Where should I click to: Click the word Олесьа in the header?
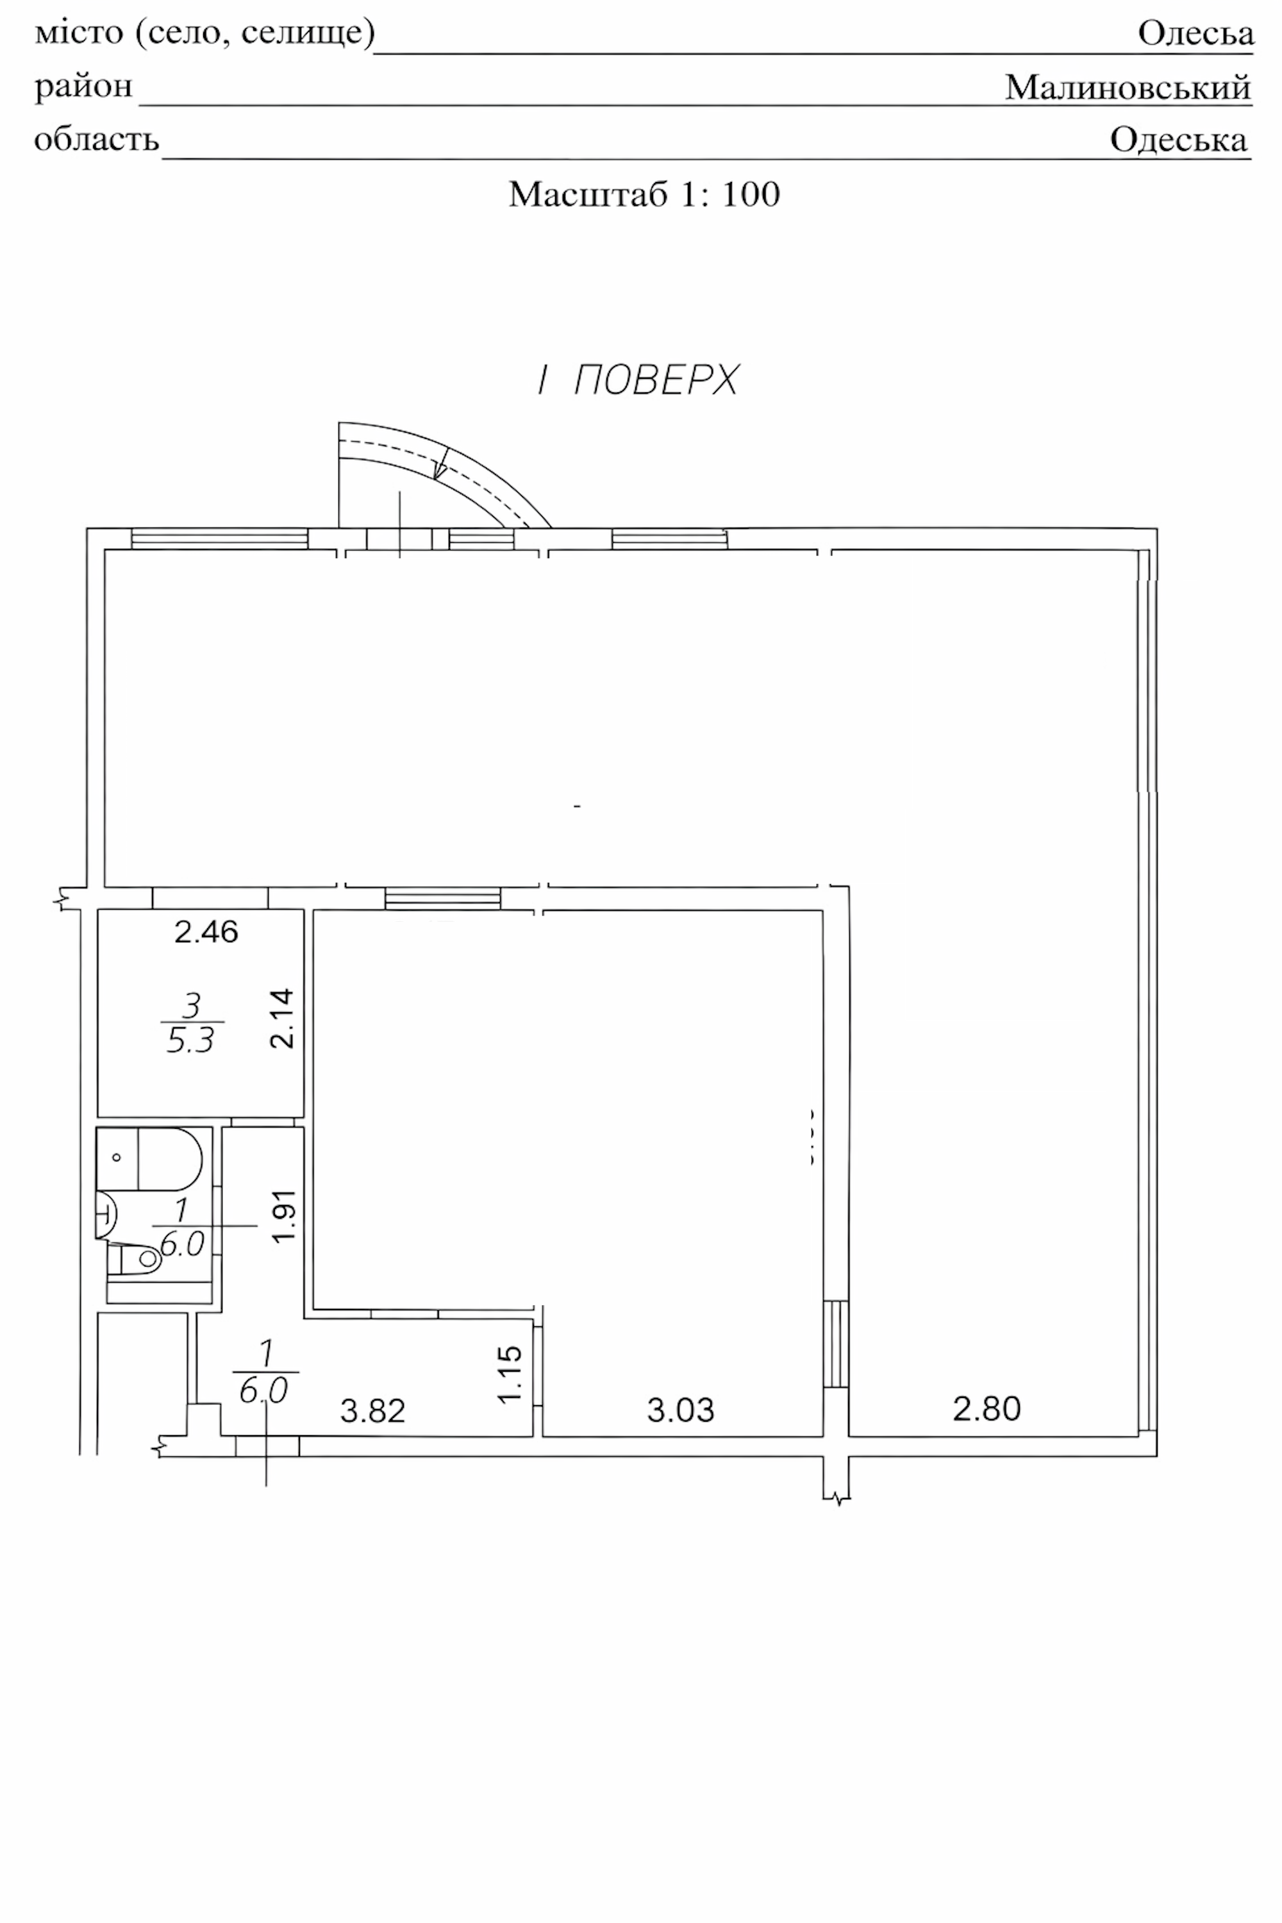coord(1195,33)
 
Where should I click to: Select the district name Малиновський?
coord(1128,87)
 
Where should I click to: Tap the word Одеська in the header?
coord(1178,140)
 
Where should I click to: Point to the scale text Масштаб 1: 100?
coord(644,195)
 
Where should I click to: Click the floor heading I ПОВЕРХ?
coord(638,380)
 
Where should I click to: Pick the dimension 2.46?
coord(206,932)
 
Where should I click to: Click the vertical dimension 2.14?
coord(282,1018)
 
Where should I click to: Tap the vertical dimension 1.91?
coord(283,1216)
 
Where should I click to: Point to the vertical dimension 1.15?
coord(510,1374)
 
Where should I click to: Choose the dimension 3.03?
coord(680,1410)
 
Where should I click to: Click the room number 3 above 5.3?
coord(191,1005)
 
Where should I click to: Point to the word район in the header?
coord(83,86)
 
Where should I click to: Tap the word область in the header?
coord(97,140)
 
